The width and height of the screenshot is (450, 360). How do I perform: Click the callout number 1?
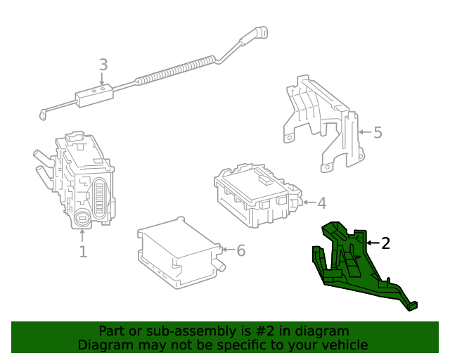[83, 251]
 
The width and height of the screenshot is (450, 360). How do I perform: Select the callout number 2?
[385, 243]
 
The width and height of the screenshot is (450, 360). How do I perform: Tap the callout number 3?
[103, 65]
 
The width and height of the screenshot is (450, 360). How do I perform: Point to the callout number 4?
[321, 203]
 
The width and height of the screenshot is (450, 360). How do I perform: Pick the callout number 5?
[378, 132]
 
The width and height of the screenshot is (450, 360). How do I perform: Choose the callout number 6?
[240, 250]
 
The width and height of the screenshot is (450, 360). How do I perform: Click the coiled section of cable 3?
[176, 71]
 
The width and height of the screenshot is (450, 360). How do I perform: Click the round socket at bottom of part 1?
[82, 219]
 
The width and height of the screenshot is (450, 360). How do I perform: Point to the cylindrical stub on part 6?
[220, 265]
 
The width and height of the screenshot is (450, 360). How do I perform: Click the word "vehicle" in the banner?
[342, 345]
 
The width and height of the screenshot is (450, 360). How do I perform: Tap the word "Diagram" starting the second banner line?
[103, 345]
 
